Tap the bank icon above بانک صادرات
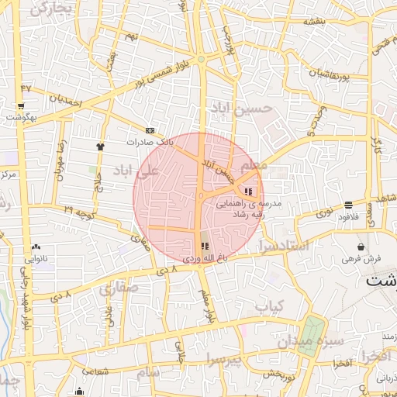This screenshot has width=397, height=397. (150, 130)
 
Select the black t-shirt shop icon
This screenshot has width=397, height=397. (100, 145)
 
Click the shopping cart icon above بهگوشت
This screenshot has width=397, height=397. (20, 105)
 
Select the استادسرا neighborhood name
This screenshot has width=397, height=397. (287, 247)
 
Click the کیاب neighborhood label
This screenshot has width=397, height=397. (271, 306)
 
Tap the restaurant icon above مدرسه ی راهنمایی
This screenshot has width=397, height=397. (248, 192)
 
